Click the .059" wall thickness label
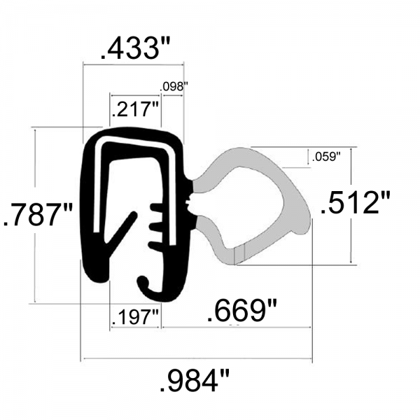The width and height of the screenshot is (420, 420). pos(325,156)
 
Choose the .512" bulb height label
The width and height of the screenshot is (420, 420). pos(355,204)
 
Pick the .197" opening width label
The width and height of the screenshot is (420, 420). pos(136,316)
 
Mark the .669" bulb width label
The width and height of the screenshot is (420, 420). pos(238,311)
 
